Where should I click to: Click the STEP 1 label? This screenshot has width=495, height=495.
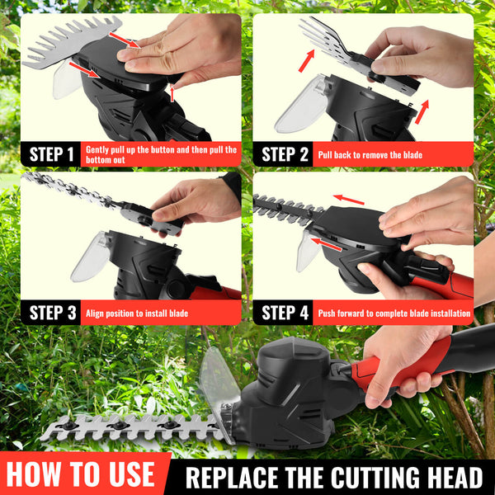51,154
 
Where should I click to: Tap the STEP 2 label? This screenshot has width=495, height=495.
285,154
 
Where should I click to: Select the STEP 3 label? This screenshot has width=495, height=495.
53,313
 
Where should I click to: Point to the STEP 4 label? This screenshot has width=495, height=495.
285,313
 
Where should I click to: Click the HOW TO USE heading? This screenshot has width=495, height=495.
81,474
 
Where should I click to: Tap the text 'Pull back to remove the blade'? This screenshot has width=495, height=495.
370,155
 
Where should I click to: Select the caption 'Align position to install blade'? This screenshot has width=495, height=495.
137,313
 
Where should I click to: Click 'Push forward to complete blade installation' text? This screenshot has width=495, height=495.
394,313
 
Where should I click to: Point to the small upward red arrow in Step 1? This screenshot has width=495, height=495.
172,94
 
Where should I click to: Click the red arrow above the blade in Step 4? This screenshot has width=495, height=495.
348,200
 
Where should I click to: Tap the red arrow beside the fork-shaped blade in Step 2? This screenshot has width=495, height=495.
307,60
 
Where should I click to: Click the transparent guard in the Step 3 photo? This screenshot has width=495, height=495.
90,257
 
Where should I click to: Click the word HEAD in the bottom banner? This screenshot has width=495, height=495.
453,478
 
